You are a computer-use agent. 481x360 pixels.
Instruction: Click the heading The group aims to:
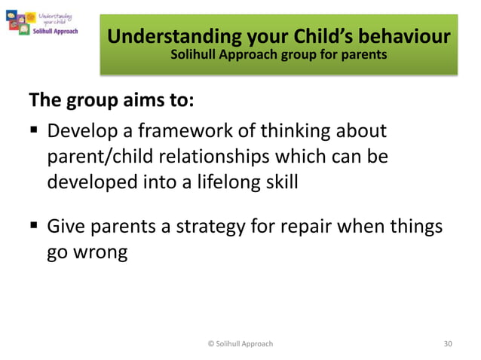100,99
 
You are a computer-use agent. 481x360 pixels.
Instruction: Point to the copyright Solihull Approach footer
240,343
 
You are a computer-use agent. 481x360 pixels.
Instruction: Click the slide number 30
448,343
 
